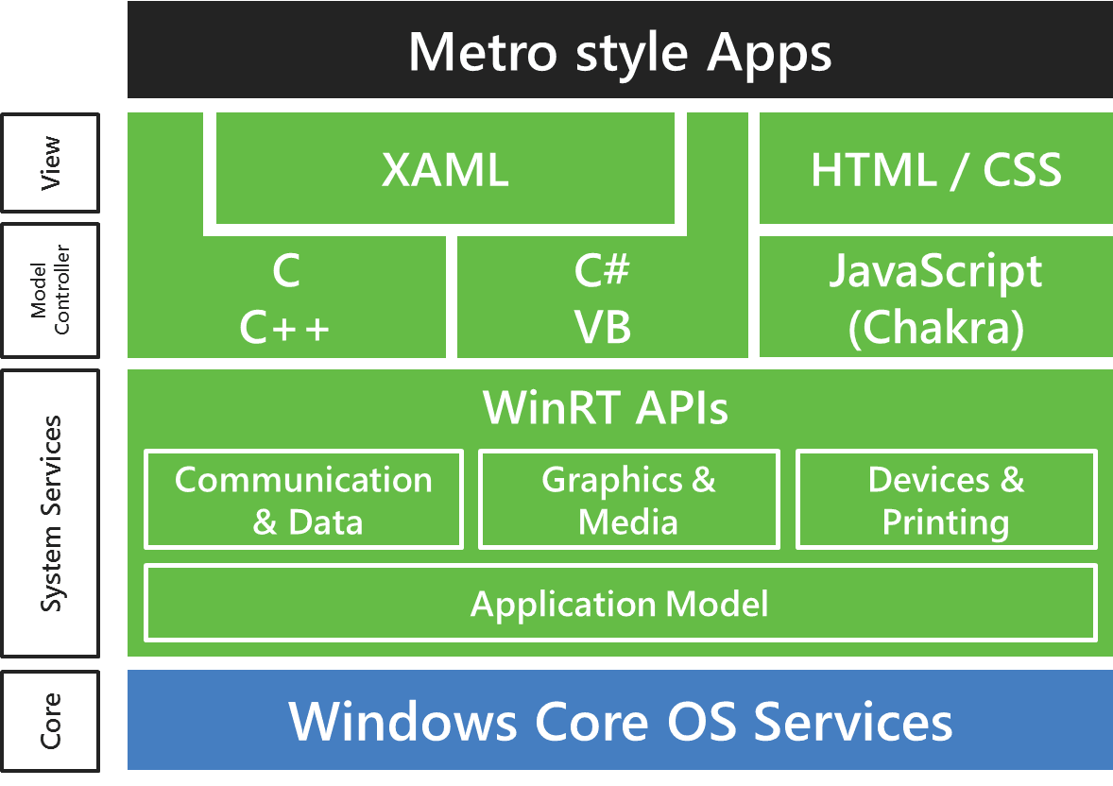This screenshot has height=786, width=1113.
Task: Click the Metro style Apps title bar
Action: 620,50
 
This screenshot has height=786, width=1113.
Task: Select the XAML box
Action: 445,168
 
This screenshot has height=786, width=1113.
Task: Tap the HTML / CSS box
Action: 936,168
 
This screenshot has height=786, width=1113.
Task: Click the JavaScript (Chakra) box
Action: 936,297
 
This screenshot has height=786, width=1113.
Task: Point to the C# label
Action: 602,270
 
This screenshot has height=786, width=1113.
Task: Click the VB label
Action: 603,327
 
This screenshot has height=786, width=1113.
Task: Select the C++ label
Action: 284,328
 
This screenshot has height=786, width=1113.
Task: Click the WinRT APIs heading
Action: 606,407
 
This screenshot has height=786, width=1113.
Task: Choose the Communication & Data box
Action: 304,499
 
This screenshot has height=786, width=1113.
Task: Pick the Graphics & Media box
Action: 629,499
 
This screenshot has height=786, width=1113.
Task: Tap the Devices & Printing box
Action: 946,499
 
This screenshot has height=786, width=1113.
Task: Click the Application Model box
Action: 621,604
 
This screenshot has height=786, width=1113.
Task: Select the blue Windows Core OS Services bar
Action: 620,720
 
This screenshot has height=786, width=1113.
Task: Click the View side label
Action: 50,162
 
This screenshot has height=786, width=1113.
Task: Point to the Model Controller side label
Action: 50,290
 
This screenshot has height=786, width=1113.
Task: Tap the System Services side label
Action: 50,513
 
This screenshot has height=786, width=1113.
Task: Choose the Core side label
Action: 50,721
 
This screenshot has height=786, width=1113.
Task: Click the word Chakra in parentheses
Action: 936,327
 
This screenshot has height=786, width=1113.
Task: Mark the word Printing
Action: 946,522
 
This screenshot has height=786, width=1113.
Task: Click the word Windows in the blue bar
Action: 402,721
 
